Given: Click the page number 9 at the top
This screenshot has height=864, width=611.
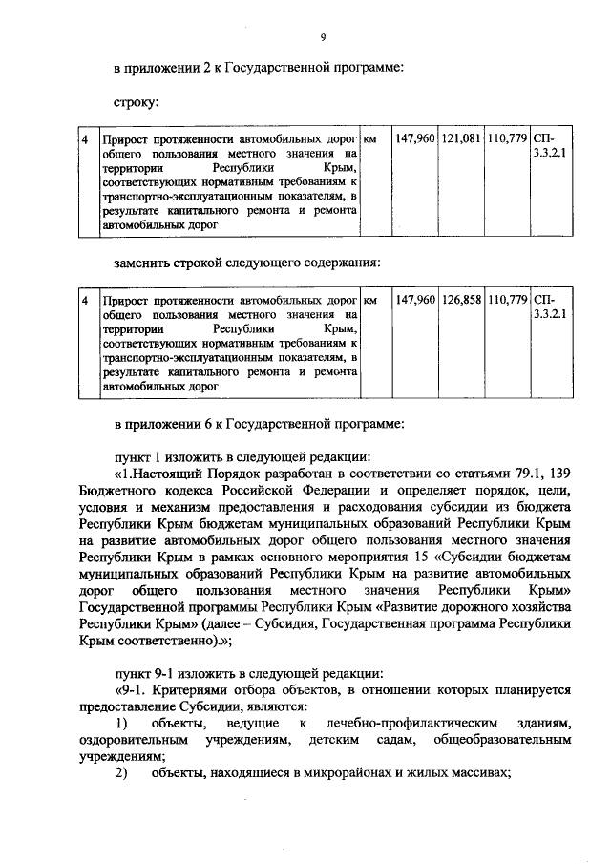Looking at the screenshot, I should (324, 37).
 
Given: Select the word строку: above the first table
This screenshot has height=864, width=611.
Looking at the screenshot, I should (136, 100).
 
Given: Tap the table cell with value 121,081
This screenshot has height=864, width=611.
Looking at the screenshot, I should (462, 139).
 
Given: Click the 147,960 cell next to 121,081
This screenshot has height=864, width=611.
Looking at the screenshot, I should (414, 139).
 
